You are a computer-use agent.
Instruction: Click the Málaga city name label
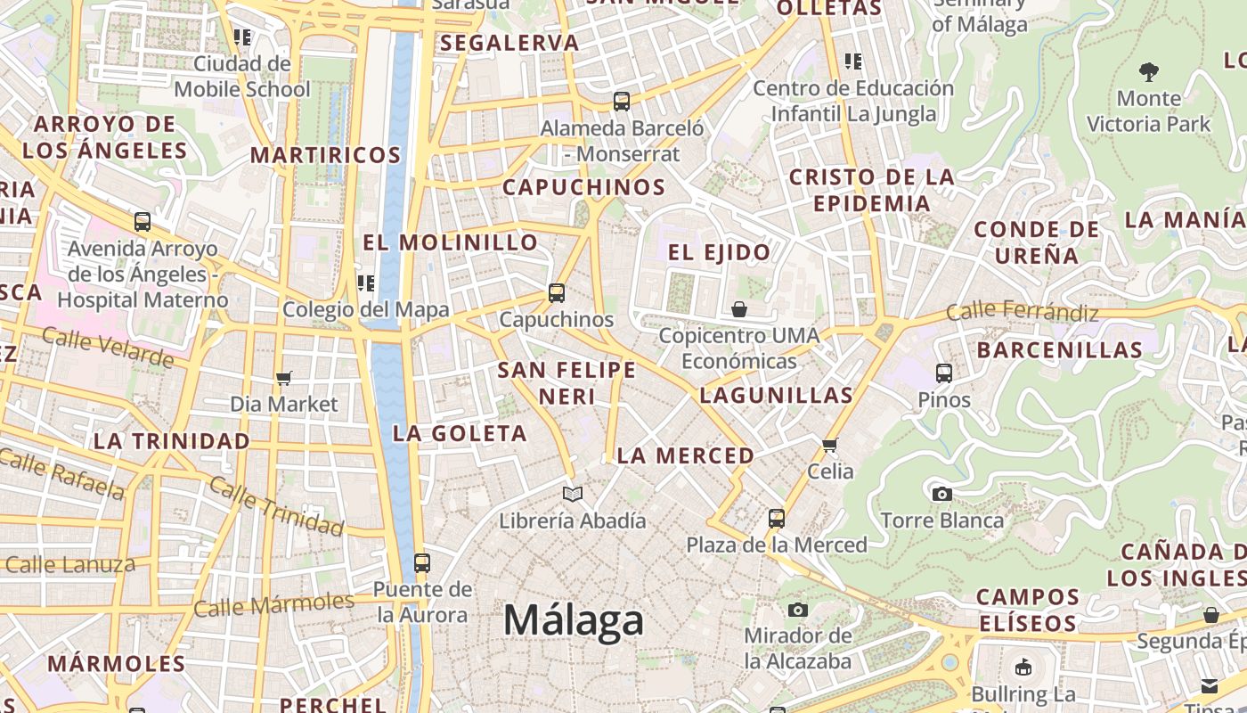(x=574, y=619)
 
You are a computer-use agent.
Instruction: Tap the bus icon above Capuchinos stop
(x=557, y=292)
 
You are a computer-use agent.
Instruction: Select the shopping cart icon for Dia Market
(x=284, y=379)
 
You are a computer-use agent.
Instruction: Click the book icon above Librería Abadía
(x=573, y=494)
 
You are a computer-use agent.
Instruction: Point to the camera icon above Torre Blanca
(x=941, y=494)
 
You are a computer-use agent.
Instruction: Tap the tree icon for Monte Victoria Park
(x=1149, y=71)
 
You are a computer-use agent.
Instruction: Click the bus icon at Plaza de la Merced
(x=777, y=518)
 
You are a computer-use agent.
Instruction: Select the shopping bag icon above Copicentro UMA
(x=738, y=309)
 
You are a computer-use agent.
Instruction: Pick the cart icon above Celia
(x=830, y=445)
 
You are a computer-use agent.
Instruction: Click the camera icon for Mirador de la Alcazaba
(x=798, y=610)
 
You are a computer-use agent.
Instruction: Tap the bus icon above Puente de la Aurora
(x=422, y=563)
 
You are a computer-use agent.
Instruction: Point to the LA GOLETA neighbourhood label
(x=460, y=434)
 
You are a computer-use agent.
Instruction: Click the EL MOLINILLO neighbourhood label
(x=450, y=242)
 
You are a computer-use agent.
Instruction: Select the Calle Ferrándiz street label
(x=1022, y=312)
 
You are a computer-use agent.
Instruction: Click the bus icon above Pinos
(x=944, y=373)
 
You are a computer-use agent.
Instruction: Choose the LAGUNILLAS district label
(x=776, y=395)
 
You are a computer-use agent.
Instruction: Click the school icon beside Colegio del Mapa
(x=365, y=283)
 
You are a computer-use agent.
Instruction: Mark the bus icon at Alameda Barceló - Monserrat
(x=622, y=102)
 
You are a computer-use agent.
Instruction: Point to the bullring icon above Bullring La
(x=1023, y=667)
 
